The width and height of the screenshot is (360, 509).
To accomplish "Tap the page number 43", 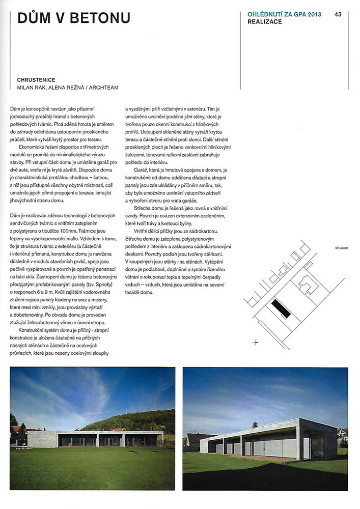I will (338, 14).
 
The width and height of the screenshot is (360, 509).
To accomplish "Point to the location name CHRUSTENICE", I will (36, 80).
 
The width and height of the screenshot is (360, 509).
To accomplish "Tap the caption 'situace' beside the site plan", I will (342, 248).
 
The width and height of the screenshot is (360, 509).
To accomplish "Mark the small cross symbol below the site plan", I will (256, 343).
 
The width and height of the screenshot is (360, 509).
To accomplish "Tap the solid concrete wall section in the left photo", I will (43, 439).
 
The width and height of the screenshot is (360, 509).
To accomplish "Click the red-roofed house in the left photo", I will (19, 433).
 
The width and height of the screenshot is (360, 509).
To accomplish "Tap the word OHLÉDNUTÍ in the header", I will (265, 14).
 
